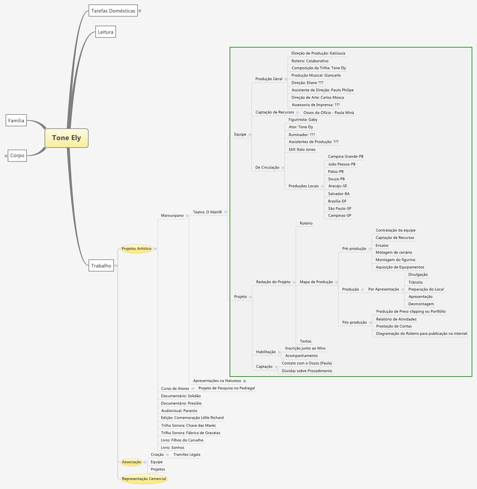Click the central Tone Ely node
click(x=66, y=138)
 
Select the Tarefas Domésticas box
click(x=113, y=11)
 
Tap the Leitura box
click(x=105, y=32)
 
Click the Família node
click(x=16, y=120)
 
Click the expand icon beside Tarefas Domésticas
click(x=140, y=11)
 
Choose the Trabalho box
click(x=101, y=266)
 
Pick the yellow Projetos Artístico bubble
click(x=136, y=248)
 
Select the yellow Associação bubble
click(x=131, y=462)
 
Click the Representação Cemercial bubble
click(x=144, y=479)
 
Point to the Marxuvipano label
click(x=172, y=215)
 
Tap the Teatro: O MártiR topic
click(x=207, y=212)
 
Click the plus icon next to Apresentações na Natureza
click(x=244, y=381)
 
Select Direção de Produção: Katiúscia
click(x=318, y=53)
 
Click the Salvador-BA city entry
click(x=339, y=194)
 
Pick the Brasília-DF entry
click(x=337, y=201)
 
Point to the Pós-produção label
click(x=354, y=322)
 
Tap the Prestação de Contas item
click(x=394, y=326)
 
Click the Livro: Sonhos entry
click(x=172, y=447)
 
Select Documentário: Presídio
click(x=181, y=403)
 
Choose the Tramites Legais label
click(x=187, y=454)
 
